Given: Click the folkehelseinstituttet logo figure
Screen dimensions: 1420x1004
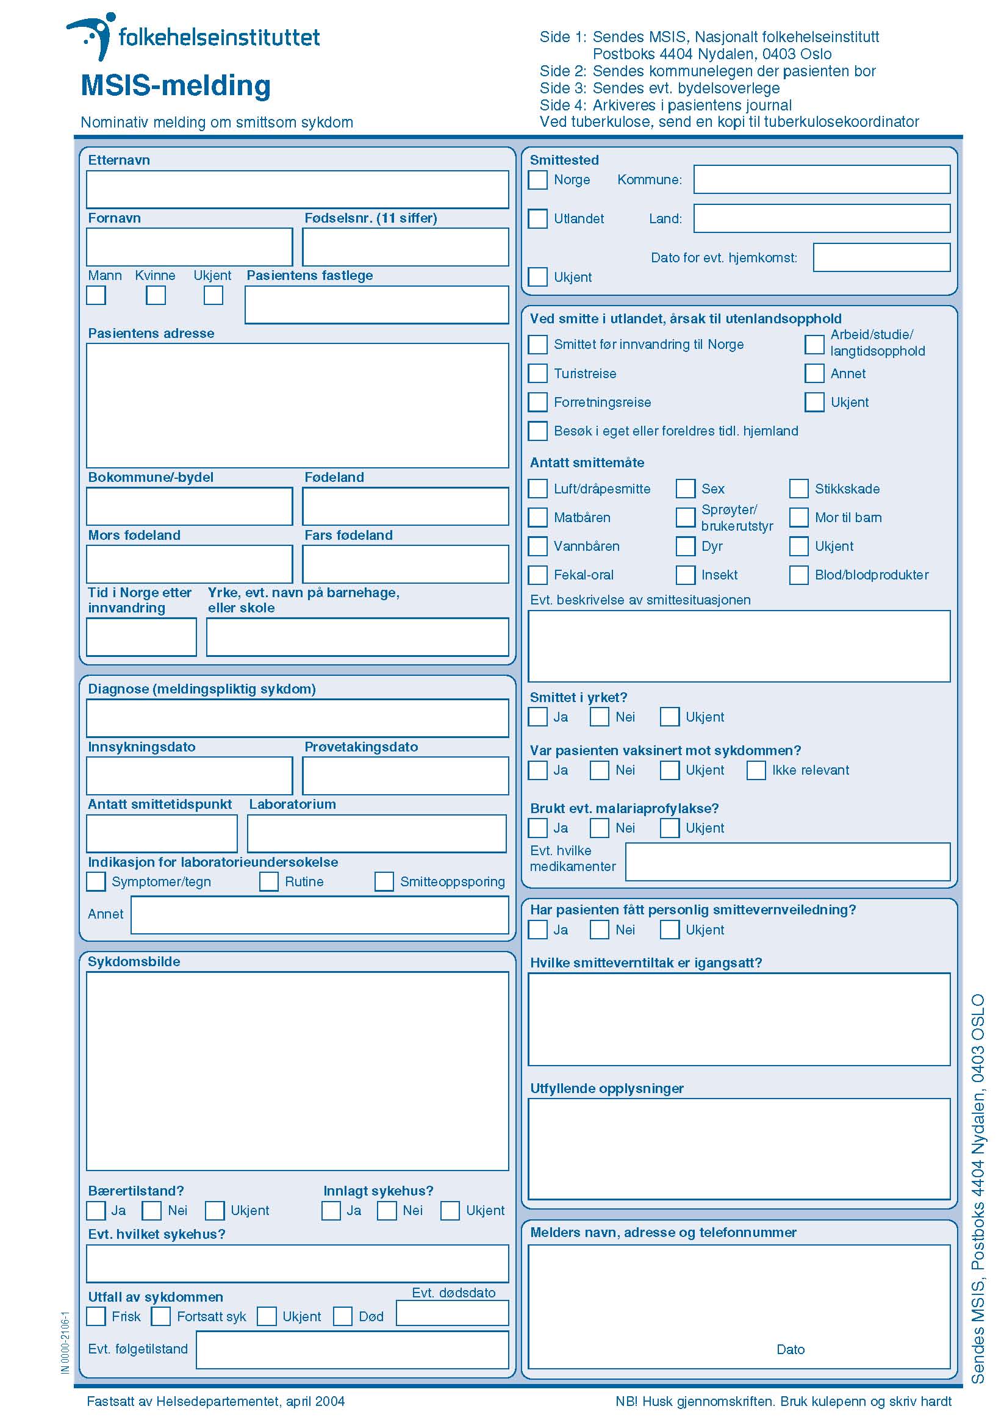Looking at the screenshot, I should [93, 35].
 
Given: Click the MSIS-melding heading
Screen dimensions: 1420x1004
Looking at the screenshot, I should [176, 86].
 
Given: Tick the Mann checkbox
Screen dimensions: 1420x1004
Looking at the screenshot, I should [96, 296].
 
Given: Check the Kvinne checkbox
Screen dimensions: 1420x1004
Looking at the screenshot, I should [156, 296].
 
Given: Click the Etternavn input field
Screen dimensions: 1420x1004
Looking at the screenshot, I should [297, 190].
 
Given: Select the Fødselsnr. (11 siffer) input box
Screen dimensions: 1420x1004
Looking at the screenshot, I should [405, 248].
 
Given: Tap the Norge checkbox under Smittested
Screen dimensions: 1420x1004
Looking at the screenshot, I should [537, 180].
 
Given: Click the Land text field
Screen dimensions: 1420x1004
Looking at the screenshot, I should [821, 218].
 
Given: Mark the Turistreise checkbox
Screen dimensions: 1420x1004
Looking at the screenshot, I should [537, 373].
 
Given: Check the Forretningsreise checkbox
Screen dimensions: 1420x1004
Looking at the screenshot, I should [537, 402].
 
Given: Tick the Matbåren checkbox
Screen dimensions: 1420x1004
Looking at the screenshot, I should [537, 517].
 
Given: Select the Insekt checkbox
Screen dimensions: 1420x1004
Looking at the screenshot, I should [685, 575].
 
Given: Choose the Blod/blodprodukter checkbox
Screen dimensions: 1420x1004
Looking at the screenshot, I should [798, 575].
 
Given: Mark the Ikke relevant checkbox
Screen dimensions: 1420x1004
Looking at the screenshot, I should [756, 770].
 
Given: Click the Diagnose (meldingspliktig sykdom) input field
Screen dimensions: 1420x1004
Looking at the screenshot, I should [297, 718].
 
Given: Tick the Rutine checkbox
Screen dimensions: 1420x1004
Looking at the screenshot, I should [268, 881].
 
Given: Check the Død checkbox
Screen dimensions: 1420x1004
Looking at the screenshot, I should [343, 1316].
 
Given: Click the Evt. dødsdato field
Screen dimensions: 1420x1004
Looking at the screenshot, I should [451, 1313].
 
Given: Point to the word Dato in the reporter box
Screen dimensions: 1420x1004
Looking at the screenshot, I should [790, 1349].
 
